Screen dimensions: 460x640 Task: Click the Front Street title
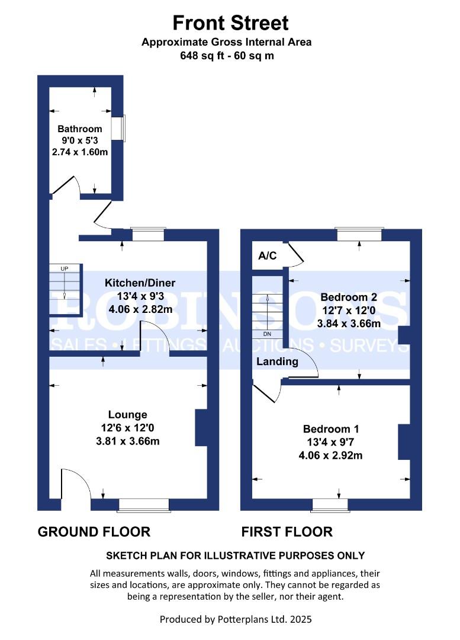230,23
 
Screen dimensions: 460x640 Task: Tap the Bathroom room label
80,129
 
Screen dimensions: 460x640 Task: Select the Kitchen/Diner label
140,283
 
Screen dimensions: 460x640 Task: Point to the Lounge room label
128,415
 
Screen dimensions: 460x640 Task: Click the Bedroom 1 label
331,429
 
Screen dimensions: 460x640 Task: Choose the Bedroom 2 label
349,297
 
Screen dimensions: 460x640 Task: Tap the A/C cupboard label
268,256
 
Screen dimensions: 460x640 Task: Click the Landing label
277,361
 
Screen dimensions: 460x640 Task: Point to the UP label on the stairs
65,268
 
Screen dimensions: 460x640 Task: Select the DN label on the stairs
267,334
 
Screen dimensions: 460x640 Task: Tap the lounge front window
144,505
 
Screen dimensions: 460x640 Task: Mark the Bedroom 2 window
359,234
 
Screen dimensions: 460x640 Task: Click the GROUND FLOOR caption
94,532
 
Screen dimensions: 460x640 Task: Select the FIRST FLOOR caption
287,532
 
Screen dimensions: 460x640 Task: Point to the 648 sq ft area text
202,56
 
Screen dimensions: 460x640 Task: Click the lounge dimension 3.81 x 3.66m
128,441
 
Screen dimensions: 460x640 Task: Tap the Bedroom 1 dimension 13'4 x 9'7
331,442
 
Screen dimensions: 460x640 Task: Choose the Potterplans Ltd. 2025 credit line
236,619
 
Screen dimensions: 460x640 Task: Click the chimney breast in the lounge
201,427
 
